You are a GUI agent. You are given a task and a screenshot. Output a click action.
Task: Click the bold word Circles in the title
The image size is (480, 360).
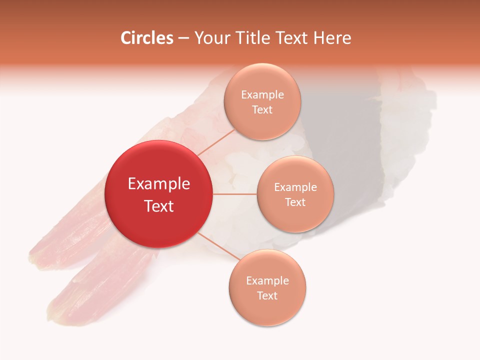pos(146,38)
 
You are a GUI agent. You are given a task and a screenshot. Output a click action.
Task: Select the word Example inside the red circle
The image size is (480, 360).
pos(159,184)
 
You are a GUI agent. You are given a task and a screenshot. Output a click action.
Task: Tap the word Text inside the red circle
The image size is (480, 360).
pos(159,206)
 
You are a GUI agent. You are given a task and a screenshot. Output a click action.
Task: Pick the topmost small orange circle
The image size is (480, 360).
pos(262,101)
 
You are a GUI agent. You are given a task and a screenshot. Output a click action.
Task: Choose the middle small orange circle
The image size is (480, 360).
pos(295,194)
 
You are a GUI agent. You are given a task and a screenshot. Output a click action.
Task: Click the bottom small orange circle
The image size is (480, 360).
pos(267,288)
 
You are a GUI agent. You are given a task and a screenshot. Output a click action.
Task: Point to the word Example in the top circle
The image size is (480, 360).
pos(262,95)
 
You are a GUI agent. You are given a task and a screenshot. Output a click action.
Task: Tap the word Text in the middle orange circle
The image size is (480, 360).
pos(295,202)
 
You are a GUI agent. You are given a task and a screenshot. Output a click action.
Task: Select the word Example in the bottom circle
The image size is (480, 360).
pos(267,281)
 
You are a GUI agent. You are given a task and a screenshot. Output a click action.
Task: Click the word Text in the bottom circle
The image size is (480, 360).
pos(267,296)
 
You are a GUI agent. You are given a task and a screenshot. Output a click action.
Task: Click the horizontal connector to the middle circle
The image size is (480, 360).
pos(235,194)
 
